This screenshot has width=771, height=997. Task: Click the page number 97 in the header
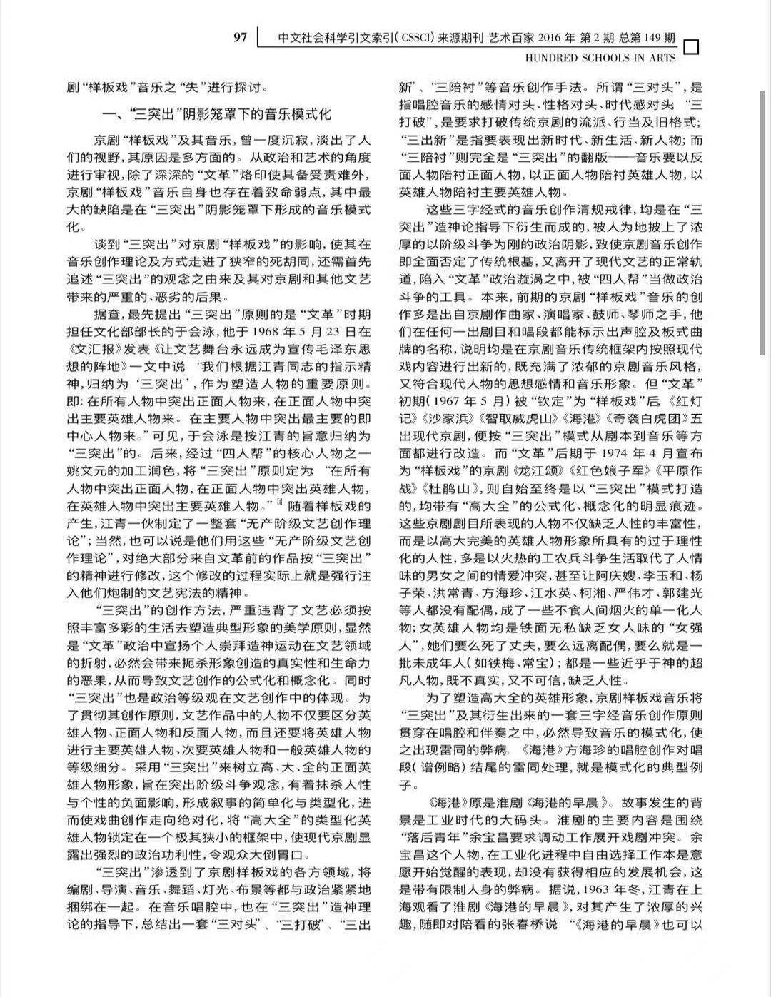coord(241,36)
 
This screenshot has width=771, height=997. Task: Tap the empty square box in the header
coord(691,47)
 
